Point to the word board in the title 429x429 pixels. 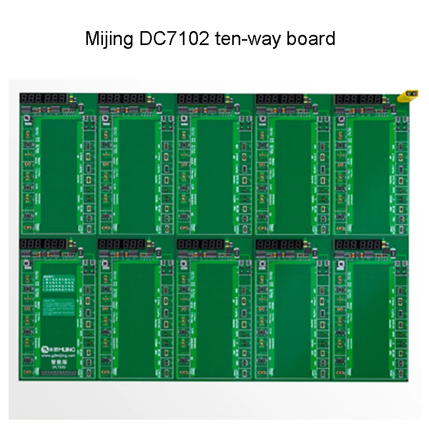313,39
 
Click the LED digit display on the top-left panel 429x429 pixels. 43,99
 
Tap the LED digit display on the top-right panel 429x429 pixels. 358,99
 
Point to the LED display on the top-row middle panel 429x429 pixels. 201,99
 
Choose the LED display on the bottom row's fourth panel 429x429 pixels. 279,244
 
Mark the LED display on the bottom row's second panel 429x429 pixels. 122,244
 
